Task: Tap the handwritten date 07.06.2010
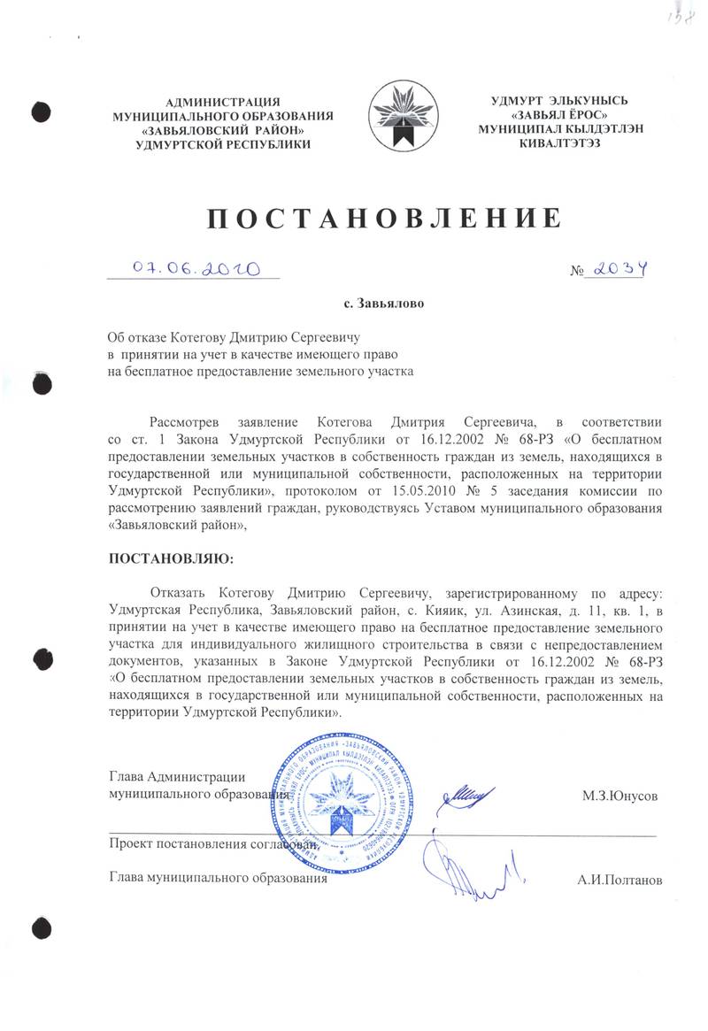point(194,267)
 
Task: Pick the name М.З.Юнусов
point(619,796)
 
